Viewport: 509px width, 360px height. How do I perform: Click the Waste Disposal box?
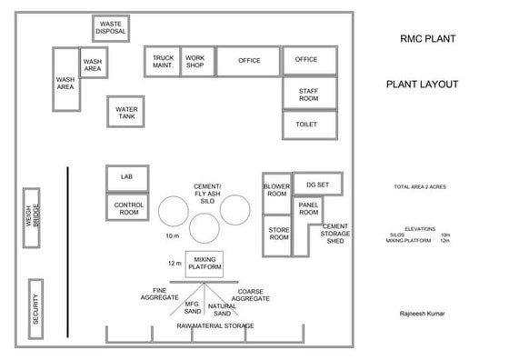coord(111,28)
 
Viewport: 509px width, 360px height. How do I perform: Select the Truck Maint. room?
coord(164,62)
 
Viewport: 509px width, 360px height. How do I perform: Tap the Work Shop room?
coord(195,62)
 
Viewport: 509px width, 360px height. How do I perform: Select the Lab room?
coord(127,177)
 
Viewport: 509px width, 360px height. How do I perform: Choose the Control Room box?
coord(129,208)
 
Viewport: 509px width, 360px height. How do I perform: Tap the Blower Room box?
coord(276,190)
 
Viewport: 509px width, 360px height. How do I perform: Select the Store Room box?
coord(278,234)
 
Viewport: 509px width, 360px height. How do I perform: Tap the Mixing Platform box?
coord(205,264)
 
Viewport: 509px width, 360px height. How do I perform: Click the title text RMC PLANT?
coord(427,40)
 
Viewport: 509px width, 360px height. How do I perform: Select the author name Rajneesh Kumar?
coord(424,314)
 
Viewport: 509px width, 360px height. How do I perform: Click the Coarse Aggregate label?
coord(251,295)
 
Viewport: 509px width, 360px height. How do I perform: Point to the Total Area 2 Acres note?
coord(419,187)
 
